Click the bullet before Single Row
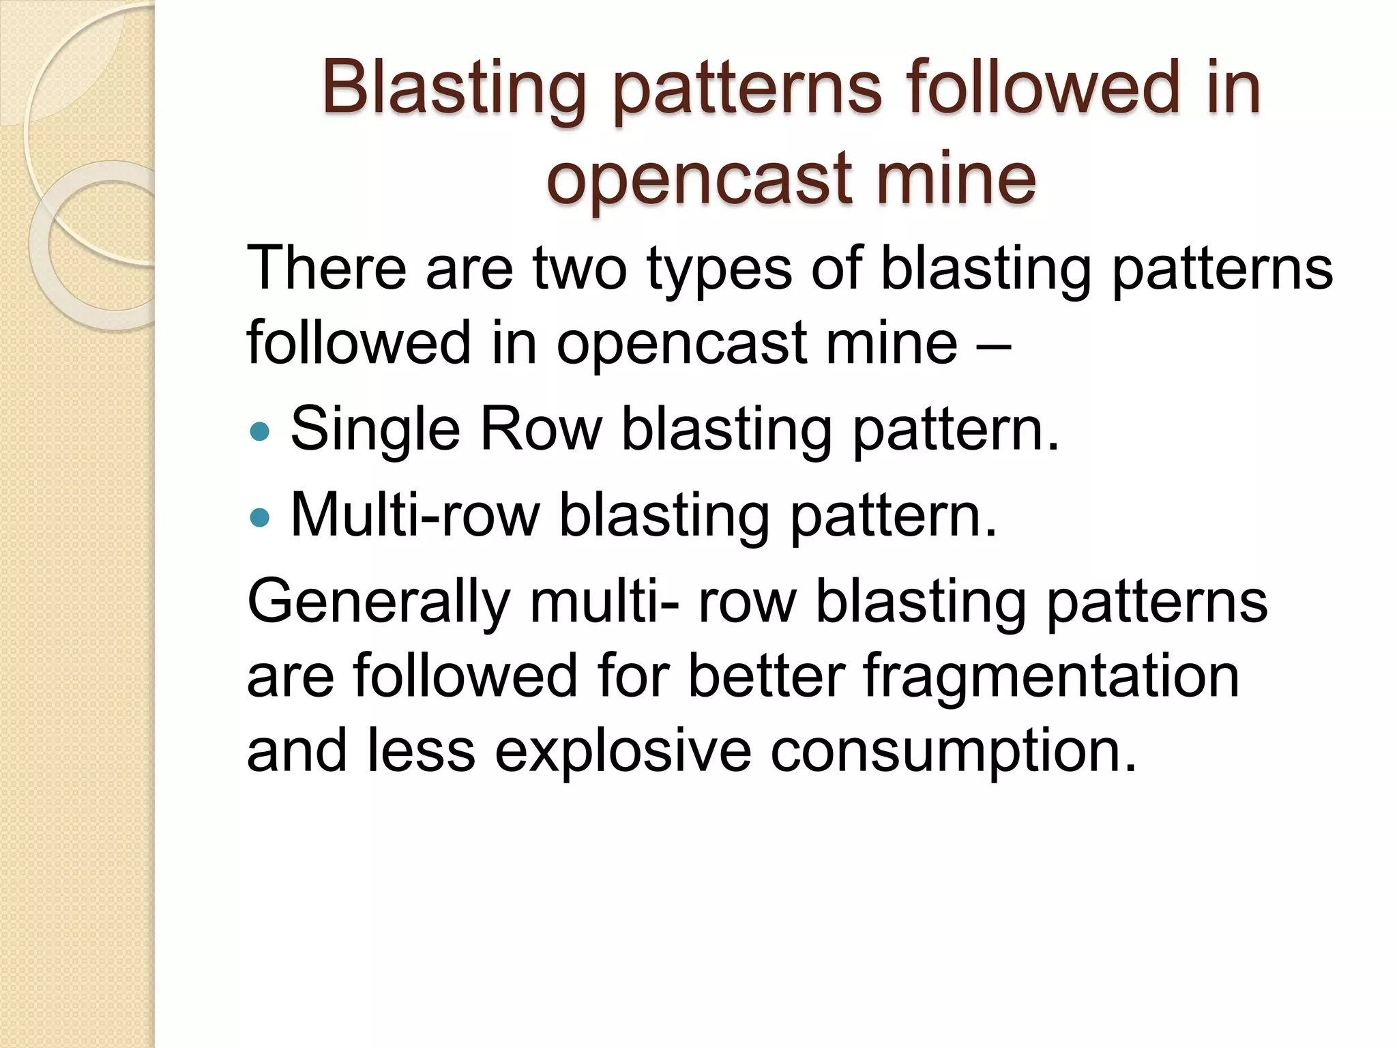point(260,431)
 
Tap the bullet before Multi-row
point(260,517)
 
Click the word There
point(326,268)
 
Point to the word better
point(766,676)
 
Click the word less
point(421,750)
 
